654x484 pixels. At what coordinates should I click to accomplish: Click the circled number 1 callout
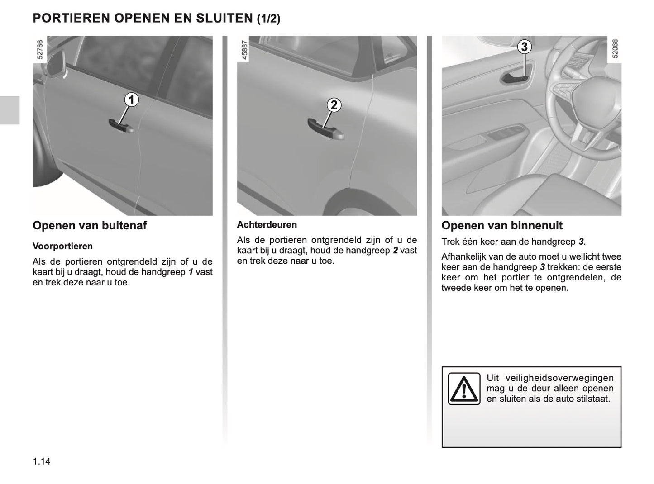pos(131,100)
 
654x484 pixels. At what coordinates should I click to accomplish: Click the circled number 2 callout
pos(334,105)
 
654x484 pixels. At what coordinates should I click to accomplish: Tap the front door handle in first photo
pos(121,126)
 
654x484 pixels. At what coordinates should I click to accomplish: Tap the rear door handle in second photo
pos(325,130)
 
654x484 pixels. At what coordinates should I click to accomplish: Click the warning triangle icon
pos(464,388)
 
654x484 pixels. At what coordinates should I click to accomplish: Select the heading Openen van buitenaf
pos(90,226)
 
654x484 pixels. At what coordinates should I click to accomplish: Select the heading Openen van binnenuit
pos(501,226)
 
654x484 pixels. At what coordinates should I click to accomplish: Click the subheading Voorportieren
pos(62,247)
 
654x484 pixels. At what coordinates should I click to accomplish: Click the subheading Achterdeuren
pos(267,225)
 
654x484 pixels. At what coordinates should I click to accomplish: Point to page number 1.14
pos(42,461)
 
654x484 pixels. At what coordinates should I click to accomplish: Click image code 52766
pos(40,49)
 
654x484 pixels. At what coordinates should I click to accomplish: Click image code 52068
pos(614,49)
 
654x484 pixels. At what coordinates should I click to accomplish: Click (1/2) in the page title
pos(268,19)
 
